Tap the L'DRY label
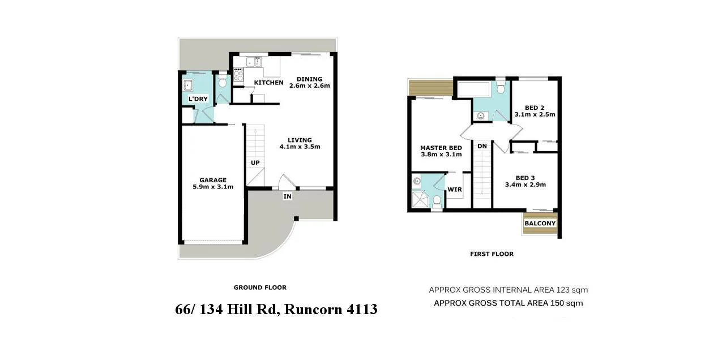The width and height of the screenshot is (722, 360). [198, 99]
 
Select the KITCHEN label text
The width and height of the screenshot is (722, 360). [268, 83]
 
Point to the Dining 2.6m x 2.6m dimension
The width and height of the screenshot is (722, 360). [309, 86]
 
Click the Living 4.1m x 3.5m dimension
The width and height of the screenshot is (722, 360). [300, 147]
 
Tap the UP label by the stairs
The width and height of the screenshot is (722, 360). [255, 163]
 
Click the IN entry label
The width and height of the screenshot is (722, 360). [288, 196]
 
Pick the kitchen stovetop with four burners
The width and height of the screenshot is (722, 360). [238, 74]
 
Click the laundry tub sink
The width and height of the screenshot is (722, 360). [188, 86]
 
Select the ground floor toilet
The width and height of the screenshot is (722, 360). [223, 83]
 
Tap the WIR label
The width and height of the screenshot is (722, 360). [454, 190]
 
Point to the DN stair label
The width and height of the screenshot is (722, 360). [482, 146]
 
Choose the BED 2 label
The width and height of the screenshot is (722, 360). [535, 108]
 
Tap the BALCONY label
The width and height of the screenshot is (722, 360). [540, 224]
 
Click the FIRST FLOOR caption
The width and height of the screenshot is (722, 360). [492, 254]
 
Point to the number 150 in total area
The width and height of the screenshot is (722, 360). [557, 303]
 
